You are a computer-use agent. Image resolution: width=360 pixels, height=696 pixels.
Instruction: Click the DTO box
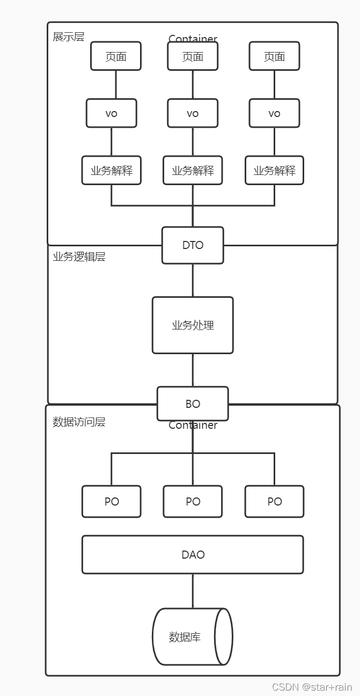point(193,245)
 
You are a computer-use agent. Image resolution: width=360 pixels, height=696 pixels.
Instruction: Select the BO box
point(193,404)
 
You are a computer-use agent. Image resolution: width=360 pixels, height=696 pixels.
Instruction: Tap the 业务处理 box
point(193,325)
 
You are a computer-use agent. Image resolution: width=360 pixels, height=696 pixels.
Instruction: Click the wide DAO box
point(193,554)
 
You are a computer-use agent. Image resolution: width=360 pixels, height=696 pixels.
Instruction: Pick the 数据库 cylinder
point(193,637)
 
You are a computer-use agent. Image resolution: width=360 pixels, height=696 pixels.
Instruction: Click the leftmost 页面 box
point(116,56)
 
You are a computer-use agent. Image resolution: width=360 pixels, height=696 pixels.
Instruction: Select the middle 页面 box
point(193,56)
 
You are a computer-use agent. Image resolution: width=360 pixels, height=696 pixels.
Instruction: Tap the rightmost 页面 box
point(274,56)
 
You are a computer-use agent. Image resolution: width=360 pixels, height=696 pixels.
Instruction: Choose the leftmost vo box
point(112,113)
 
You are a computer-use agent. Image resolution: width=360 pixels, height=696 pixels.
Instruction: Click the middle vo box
point(193,113)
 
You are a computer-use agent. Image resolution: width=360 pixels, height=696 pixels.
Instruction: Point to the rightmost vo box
point(274,113)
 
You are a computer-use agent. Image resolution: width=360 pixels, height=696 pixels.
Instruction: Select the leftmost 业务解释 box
point(112,171)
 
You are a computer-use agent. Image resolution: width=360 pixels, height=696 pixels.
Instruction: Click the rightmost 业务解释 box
point(274,171)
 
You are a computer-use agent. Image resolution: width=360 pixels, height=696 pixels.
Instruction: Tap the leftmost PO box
point(112,502)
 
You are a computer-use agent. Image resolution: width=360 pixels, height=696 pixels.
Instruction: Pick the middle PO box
point(193,502)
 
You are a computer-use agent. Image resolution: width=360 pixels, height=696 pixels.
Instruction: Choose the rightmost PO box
point(274,502)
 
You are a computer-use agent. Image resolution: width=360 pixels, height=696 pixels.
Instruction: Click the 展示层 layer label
point(68,37)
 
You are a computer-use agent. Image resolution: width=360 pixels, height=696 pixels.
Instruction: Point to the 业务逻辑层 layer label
point(79,257)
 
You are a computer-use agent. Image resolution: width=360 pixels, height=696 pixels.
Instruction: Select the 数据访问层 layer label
point(79,422)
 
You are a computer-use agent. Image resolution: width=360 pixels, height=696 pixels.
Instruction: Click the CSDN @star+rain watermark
point(312,687)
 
